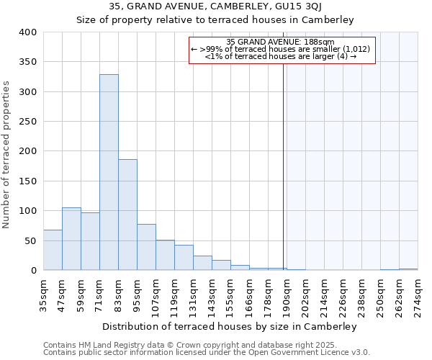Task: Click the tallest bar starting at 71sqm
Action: tap(109, 173)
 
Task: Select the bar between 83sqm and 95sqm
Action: tap(127, 215)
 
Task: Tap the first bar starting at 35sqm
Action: tap(53, 250)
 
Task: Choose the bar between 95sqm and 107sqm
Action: tap(146, 247)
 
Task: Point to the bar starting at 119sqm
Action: tap(184, 258)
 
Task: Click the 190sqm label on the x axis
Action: tap(287, 295)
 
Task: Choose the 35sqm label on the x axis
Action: tap(44, 295)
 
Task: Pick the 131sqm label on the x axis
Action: tap(194, 295)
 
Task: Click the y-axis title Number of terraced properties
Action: tap(6, 154)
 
